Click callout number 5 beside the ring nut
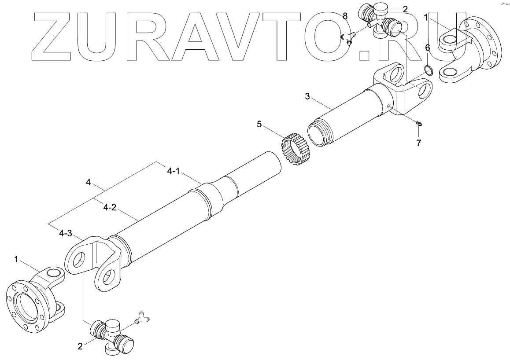tap(259, 125)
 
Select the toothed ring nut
tap(294, 149)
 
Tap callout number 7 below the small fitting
tap(418, 143)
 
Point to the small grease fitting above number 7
tap(419, 125)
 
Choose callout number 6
tap(427, 48)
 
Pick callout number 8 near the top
tap(345, 16)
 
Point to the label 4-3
tap(65, 233)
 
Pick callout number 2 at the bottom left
tap(80, 346)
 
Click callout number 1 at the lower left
tap(17, 260)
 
